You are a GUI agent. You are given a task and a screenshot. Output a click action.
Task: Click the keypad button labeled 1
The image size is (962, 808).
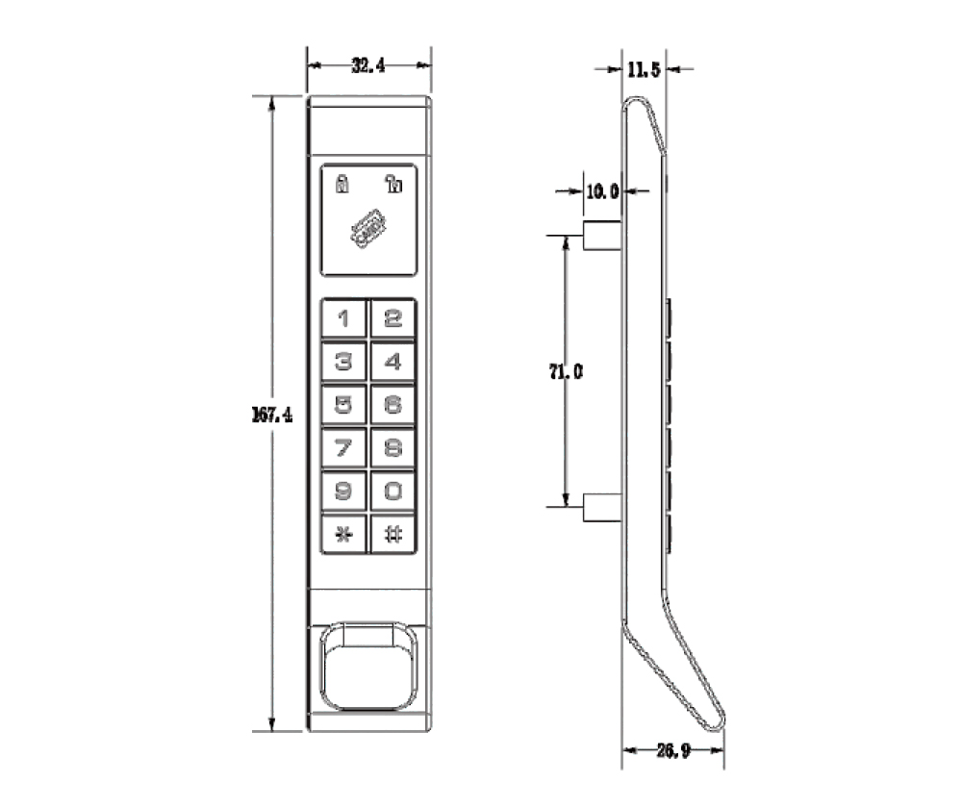pos(343,317)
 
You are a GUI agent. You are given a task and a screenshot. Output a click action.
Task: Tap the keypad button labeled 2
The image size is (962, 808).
pos(392,317)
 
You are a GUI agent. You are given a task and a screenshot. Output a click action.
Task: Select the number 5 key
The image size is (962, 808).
pos(343,404)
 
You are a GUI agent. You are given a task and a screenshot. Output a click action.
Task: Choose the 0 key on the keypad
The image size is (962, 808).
pos(392,490)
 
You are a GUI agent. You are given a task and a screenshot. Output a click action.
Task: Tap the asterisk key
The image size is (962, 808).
pos(343,534)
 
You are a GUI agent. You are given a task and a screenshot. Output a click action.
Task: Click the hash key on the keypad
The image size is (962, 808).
pos(392,534)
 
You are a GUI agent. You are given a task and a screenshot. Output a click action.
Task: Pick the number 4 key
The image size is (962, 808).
pos(392,362)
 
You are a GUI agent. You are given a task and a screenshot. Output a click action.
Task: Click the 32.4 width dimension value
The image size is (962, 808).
pos(368,65)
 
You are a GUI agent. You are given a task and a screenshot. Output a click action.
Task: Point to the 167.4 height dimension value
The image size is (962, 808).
pos(271,416)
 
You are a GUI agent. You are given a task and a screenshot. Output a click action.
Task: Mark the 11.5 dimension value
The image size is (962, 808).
pos(642,69)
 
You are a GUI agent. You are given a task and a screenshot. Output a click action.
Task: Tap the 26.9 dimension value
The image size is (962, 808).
pos(671,749)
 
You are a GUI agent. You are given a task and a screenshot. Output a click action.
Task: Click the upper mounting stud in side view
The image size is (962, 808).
pos(599,234)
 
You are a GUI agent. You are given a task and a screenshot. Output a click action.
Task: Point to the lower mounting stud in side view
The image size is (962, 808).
pos(599,506)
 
